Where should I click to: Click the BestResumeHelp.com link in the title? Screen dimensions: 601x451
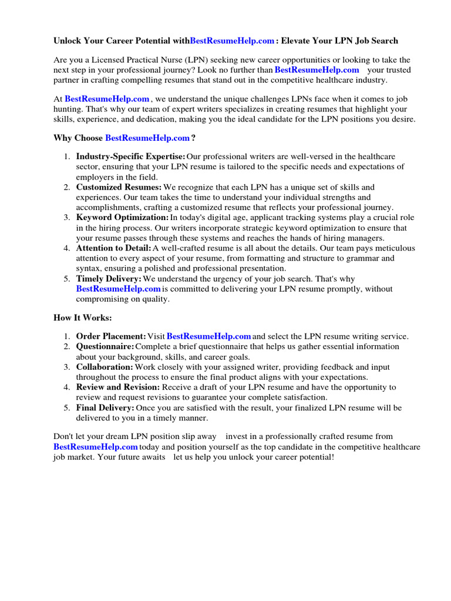[232, 41]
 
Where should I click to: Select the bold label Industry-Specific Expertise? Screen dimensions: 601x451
[130, 157]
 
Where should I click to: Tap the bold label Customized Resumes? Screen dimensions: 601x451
[117, 187]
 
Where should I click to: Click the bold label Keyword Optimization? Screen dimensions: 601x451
[122, 218]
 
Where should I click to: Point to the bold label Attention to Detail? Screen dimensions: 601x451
[113, 248]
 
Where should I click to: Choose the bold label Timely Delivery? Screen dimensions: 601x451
[109, 279]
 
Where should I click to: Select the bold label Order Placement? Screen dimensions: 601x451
[111, 336]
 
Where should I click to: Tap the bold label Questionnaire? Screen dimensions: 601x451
[105, 346]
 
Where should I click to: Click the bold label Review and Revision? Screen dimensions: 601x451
[117, 387]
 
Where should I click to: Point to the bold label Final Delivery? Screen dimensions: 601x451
[105, 407]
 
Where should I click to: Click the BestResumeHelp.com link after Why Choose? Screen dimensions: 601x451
[147, 138]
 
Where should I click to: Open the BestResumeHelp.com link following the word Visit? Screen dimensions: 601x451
[209, 336]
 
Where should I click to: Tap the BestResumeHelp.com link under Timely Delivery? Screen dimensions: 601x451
[118, 289]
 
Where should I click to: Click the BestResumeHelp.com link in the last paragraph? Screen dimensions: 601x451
[96, 447]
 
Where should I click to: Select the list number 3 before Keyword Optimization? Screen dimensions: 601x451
[67, 218]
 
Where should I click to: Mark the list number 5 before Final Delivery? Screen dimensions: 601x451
[67, 407]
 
